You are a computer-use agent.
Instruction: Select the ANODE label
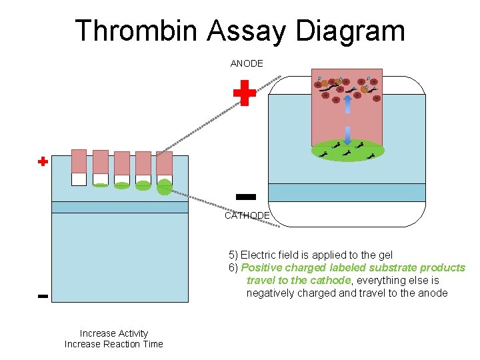[x=247, y=63]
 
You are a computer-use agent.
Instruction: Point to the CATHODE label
[x=247, y=215]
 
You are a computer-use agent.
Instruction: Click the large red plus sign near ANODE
[x=245, y=93]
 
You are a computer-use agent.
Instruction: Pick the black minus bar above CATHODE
[x=246, y=196]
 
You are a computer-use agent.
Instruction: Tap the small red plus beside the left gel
[x=43, y=161]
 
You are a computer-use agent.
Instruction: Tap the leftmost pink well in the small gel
[x=79, y=161]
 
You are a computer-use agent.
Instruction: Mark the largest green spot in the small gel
[x=164, y=187]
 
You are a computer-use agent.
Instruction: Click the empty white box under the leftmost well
[x=79, y=179]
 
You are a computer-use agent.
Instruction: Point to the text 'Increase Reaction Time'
[x=113, y=344]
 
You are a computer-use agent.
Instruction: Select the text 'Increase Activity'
[x=113, y=333]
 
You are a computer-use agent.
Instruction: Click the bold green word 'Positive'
[x=261, y=267]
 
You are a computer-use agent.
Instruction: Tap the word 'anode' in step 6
[x=433, y=293]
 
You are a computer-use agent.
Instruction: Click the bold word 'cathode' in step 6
[x=329, y=280]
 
